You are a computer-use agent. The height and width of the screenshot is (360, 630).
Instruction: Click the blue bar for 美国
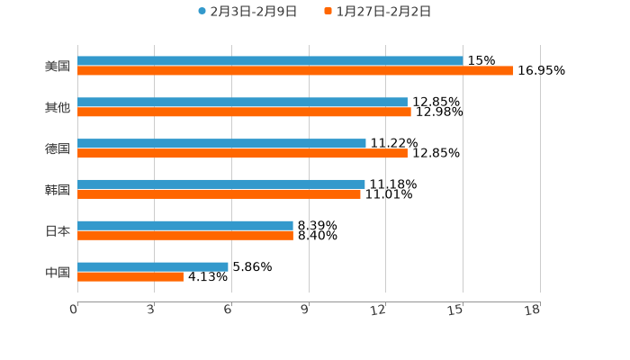coord(270,61)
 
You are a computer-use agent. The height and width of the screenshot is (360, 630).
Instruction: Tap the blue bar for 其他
coord(242,103)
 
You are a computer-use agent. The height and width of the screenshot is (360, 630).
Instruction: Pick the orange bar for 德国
coord(242,154)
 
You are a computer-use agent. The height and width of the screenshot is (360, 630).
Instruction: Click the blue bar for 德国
coord(221,144)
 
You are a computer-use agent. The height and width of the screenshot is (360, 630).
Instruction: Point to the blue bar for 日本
coord(185,225)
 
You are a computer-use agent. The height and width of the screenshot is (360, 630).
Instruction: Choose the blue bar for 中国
coord(153,266)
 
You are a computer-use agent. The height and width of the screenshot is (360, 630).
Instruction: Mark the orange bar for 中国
coord(130,277)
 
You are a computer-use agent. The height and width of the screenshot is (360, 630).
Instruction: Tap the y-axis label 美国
coord(57,67)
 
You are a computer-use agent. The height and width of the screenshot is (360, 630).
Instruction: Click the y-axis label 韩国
coord(57,190)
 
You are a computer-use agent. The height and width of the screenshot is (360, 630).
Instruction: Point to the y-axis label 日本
coord(57,231)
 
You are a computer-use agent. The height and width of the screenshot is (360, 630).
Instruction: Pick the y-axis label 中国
coord(57,272)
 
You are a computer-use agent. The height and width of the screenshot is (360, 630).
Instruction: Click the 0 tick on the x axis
coord(75,310)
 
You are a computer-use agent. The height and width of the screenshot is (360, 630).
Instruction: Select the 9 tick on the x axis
coord(306,310)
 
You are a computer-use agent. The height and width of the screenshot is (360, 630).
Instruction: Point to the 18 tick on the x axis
coord(533,310)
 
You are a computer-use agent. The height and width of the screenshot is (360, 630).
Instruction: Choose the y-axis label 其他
coord(57,108)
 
